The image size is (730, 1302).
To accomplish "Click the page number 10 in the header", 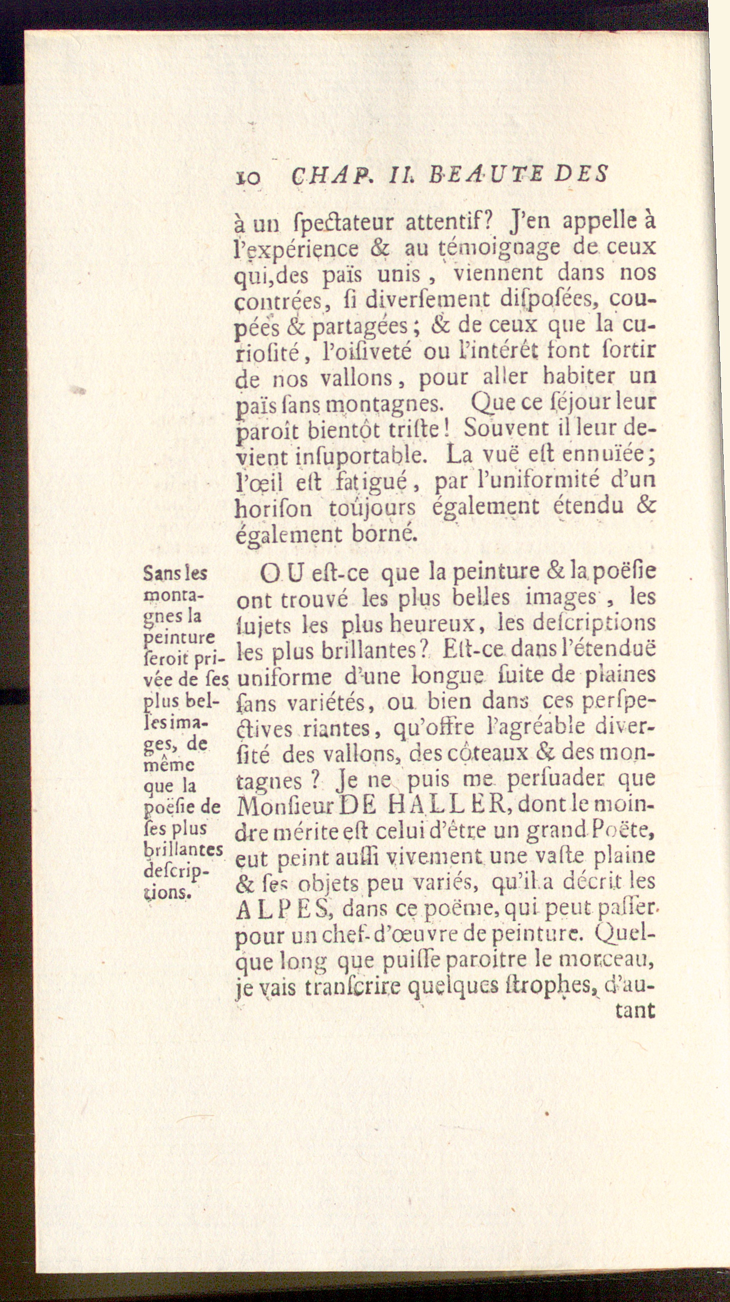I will click(247, 176).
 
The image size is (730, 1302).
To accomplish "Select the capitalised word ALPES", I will click(283, 910).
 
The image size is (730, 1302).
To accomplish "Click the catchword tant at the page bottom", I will click(635, 1012).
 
